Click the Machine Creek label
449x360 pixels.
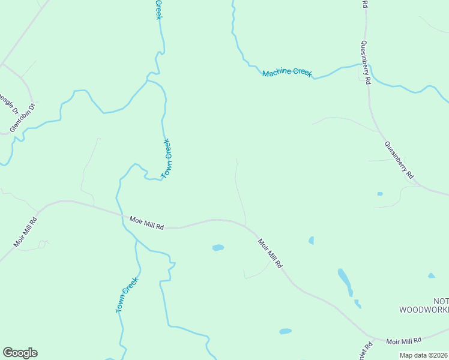(287, 73)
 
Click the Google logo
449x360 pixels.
(20, 353)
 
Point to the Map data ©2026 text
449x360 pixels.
(424, 355)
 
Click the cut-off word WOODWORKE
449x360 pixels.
(424, 310)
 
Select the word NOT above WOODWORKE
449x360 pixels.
(441, 300)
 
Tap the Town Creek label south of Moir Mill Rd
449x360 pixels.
(127, 295)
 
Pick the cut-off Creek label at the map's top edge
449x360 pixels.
(159, 9)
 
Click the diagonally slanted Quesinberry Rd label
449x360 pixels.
(400, 160)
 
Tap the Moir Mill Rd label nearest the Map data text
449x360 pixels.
(404, 341)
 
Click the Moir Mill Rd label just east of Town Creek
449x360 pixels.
(146, 223)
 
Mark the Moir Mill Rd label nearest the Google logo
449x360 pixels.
(25, 232)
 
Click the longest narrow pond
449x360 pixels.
(345, 282)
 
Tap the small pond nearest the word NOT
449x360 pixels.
(431, 276)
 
